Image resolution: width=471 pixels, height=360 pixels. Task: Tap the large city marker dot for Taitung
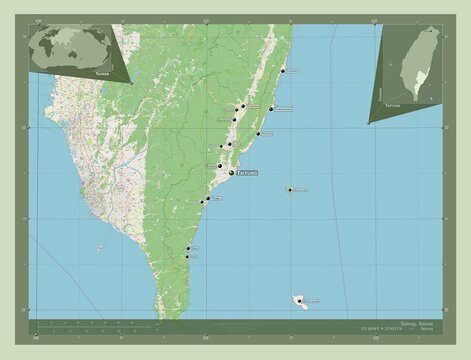(x=230, y=173)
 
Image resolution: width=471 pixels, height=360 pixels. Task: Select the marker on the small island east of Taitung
(x=291, y=189)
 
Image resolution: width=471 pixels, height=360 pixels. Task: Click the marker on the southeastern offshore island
(x=299, y=299)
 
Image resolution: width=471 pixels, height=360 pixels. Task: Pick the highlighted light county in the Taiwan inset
(x=414, y=76)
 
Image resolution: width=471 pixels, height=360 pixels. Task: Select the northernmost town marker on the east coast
(x=283, y=71)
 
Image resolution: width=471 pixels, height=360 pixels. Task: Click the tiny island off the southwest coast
(x=99, y=247)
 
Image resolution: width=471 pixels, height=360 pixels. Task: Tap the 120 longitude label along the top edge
(x=37, y=20)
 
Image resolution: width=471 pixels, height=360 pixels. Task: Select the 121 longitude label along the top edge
(x=206, y=20)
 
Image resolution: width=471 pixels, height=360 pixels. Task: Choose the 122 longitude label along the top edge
(x=373, y=20)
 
